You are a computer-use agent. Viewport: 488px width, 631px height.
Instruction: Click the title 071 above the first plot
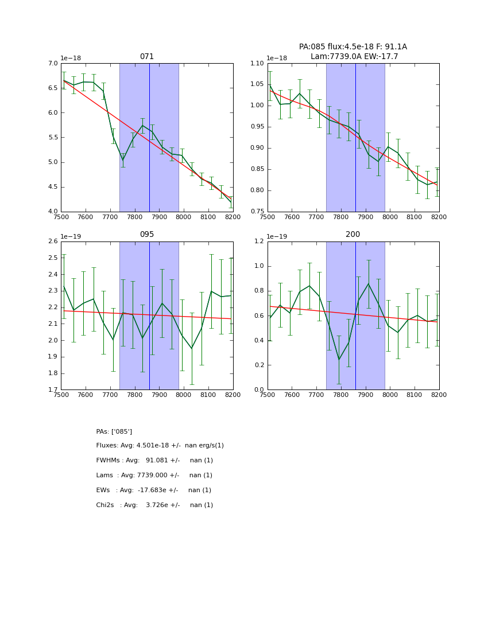point(147,57)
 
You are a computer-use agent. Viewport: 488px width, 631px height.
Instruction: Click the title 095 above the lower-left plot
point(147,235)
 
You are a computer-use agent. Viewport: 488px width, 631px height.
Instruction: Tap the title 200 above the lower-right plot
point(353,235)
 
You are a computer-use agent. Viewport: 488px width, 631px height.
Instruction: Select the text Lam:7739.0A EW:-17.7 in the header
point(354,56)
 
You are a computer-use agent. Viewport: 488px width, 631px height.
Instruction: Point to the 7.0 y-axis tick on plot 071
point(52,64)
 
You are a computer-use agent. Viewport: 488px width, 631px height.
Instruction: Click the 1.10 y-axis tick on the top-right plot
point(257,64)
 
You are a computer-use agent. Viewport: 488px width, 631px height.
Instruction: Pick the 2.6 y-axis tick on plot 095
point(52,242)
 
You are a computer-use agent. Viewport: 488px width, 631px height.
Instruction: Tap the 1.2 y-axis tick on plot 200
point(258,242)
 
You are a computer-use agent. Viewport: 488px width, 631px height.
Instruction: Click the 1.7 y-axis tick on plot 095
point(52,390)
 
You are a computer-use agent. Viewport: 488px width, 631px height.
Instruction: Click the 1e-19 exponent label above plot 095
point(71,236)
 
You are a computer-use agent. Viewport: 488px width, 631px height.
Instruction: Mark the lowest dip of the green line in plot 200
point(339,359)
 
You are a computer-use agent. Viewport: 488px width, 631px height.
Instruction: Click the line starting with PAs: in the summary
point(114,431)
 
